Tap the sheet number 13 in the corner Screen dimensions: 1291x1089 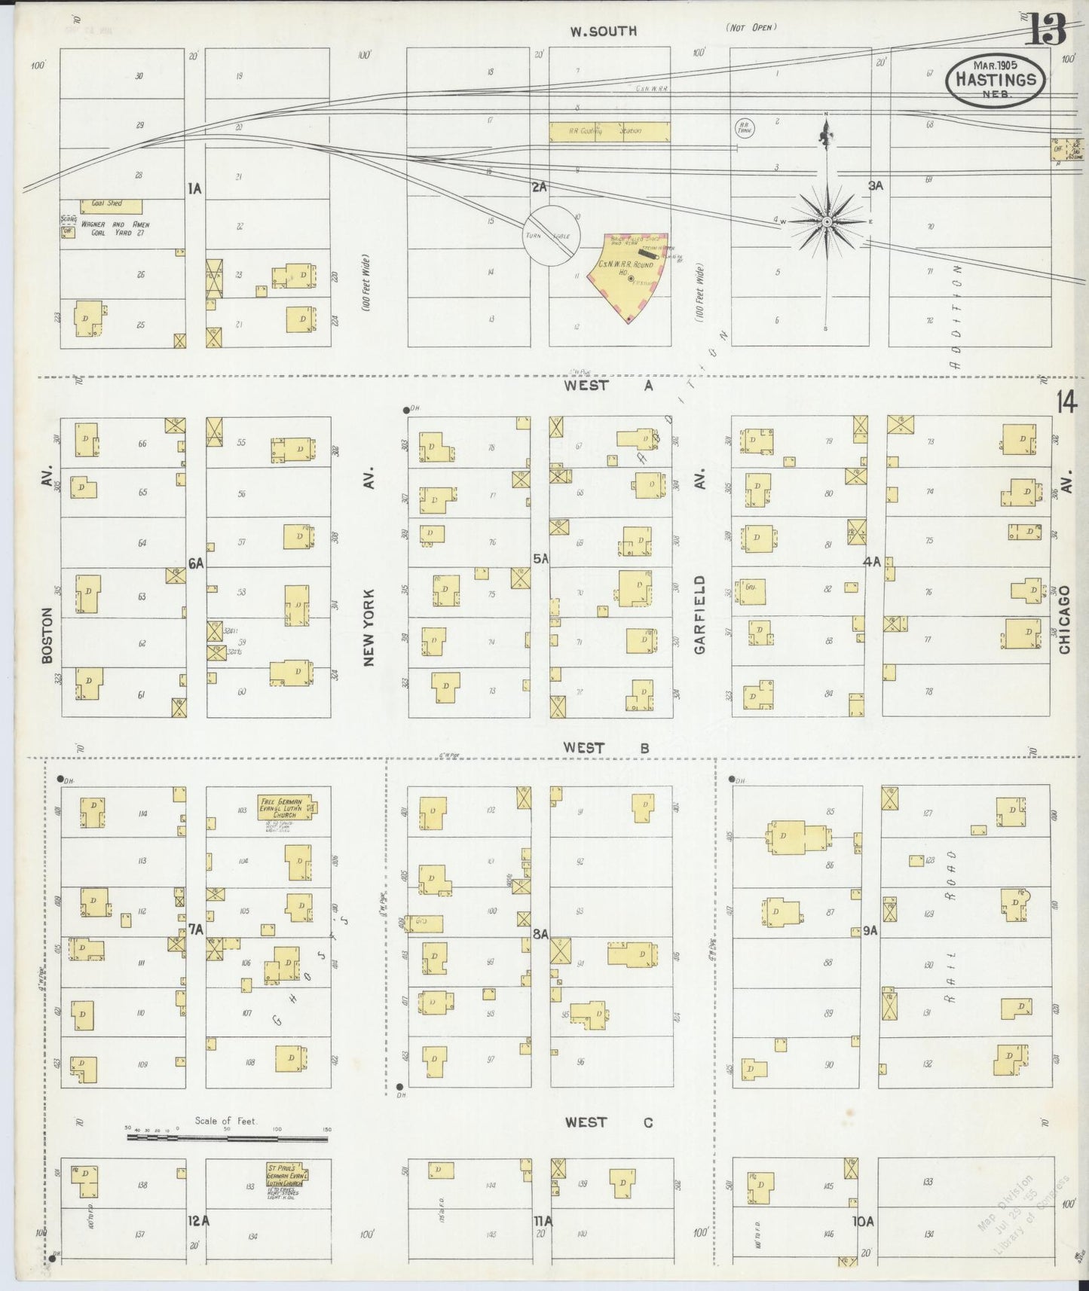(1047, 30)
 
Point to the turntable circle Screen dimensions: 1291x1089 (552, 236)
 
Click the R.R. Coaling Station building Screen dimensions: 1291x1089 (609, 132)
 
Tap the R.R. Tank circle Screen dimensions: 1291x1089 (744, 127)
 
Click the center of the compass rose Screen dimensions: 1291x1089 (827, 222)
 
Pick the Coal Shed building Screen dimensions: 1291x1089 (112, 205)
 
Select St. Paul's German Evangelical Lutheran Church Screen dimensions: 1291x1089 (287, 1176)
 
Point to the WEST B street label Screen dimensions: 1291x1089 (606, 748)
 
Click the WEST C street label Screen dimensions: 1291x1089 (609, 1122)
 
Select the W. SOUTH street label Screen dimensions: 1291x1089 (603, 31)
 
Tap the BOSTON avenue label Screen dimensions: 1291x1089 (47, 634)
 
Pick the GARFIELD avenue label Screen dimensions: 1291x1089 (699, 614)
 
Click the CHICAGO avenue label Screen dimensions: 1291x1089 (1064, 619)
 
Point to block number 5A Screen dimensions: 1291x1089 (540, 558)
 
